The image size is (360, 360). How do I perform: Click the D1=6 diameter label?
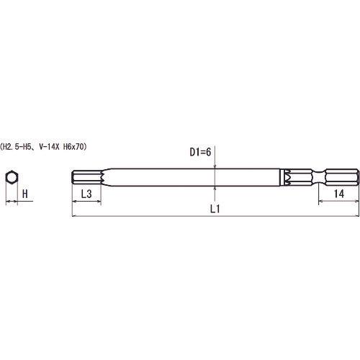[200, 152]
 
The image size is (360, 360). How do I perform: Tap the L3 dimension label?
[86, 194]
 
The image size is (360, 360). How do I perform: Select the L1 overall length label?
[215, 209]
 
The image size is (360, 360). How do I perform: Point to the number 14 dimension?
[339, 194]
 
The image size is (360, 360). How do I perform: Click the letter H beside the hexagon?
[25, 194]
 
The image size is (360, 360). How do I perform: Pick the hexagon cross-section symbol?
[12, 178]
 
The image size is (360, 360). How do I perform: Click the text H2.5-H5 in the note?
[17, 147]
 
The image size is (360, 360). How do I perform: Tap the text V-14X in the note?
[48, 147]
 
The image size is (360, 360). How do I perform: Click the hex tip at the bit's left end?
[86, 178]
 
